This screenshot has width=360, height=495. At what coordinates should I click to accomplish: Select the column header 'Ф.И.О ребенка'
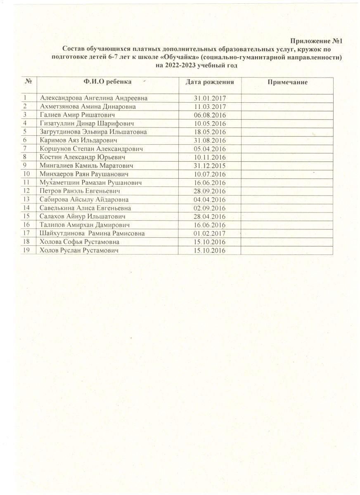point(107,82)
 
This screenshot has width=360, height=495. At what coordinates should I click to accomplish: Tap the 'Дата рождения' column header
point(210,82)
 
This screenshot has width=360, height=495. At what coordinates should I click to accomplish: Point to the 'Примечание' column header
point(288,82)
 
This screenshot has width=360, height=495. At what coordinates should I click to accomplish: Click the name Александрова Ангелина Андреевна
point(93,98)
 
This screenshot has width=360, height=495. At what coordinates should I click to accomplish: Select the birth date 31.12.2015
point(210,165)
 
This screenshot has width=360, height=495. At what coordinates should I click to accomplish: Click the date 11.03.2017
point(210,106)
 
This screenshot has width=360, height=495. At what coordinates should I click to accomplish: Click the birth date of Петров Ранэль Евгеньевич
point(210,191)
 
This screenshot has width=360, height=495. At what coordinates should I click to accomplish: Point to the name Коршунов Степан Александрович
point(91,148)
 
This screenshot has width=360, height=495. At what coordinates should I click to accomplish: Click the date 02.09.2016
point(210,208)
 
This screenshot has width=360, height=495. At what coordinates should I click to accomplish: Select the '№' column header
point(28,82)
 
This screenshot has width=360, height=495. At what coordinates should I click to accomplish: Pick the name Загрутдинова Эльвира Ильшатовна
point(93,132)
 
